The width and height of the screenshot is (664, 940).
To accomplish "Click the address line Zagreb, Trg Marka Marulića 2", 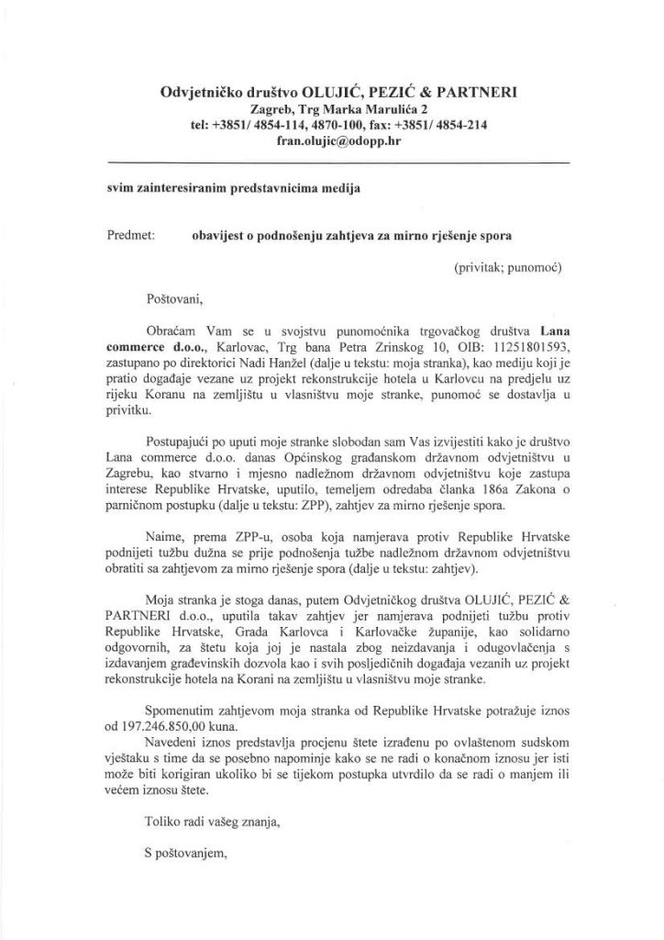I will click(x=332, y=108).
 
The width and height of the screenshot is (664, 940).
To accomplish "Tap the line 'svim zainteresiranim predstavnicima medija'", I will click(x=234, y=189).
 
